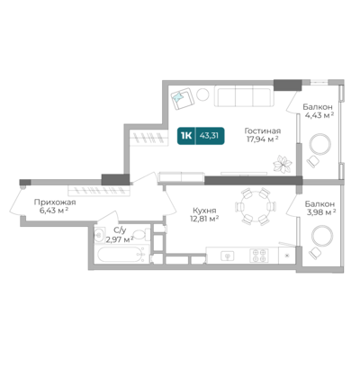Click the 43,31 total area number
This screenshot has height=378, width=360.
(209, 136)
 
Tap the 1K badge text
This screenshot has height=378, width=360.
(186, 136)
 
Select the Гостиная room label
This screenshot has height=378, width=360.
(263, 131)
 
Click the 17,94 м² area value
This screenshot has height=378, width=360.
(263, 139)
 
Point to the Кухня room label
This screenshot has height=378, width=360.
(204, 211)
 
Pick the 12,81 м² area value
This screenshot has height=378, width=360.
(204, 219)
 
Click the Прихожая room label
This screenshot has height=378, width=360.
(55, 202)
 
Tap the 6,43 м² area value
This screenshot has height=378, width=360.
(54, 211)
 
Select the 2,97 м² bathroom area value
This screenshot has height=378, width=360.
(120, 239)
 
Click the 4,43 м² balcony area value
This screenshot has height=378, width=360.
(319, 115)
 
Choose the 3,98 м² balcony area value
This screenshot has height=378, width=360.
(320, 212)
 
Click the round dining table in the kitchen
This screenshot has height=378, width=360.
(256, 207)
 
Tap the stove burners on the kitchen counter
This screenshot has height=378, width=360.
(259, 256)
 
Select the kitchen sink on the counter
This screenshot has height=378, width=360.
(228, 256)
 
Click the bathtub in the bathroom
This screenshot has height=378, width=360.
(122, 256)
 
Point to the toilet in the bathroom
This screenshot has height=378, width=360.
(141, 235)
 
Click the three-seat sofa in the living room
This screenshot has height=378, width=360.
(244, 96)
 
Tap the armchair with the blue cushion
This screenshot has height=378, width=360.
(182, 98)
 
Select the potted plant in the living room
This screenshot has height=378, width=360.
(283, 164)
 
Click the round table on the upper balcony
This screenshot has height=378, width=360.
(320, 144)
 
